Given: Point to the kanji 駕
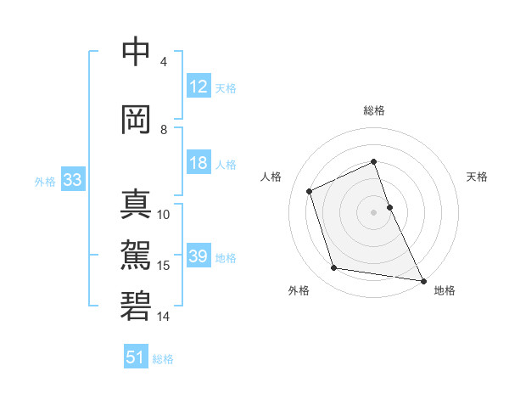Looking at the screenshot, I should (136, 255).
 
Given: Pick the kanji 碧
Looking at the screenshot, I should (136, 306).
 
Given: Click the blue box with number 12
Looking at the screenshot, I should (199, 87).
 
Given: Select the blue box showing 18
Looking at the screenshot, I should (199, 164).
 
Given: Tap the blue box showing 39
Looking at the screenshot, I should (199, 257).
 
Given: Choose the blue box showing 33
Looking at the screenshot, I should (72, 180).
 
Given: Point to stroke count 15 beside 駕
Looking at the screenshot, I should (165, 266).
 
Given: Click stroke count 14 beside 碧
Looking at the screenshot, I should (165, 316).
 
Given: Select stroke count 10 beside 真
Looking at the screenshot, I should (165, 215).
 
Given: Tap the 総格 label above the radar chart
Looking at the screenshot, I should (374, 110).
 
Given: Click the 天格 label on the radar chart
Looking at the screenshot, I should (478, 177).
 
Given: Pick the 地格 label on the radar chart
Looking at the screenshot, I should (445, 290).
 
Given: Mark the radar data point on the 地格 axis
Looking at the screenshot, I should (422, 280).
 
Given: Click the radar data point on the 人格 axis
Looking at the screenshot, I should (310, 191).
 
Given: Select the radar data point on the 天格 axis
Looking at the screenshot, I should (389, 206).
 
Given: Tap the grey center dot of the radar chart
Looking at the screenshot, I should (374, 211).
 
